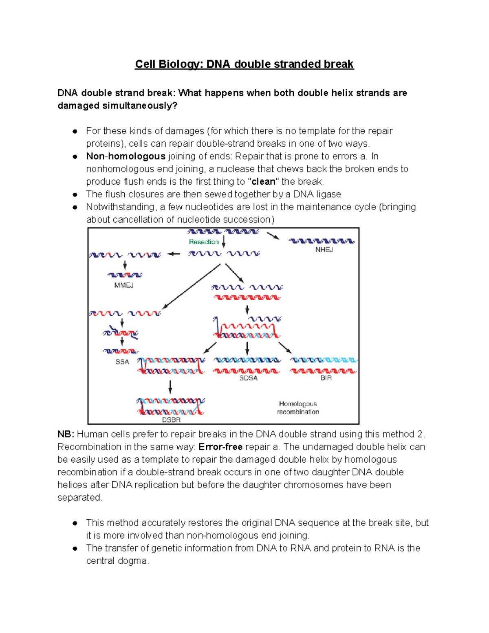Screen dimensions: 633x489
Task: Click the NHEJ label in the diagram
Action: [324, 249]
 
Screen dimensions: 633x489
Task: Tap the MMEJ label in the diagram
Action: [123, 285]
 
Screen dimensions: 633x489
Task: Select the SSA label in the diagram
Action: [122, 362]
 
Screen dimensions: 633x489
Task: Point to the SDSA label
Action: [248, 378]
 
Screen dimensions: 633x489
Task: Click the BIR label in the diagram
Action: [326, 378]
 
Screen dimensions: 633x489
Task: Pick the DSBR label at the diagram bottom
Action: [171, 419]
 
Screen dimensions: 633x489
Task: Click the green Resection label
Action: [204, 242]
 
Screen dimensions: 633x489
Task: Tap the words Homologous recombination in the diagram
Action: [298, 408]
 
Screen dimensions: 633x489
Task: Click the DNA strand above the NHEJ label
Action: [322, 241]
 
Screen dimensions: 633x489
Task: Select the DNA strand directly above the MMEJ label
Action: [125, 275]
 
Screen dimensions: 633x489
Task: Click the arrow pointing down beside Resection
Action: [224, 241]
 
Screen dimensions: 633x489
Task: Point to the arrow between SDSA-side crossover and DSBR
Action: [170, 386]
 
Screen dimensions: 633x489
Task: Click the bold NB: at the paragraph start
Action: [65, 434]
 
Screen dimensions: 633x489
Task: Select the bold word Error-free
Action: [220, 447]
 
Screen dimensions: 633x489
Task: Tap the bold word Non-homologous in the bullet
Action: [126, 156]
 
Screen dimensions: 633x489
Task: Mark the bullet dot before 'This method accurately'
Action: [75, 523]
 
